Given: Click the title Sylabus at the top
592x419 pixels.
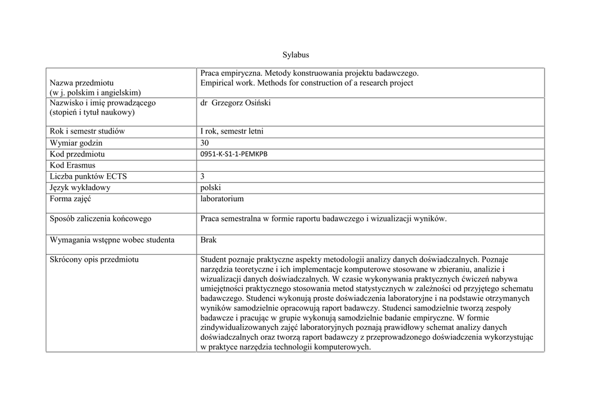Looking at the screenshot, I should click(x=296, y=55).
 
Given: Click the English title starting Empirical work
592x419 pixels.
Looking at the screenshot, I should click(x=306, y=83).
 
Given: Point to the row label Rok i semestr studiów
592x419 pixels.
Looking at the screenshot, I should click(x=87, y=131).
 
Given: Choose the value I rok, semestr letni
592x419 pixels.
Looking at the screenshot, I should click(x=232, y=131).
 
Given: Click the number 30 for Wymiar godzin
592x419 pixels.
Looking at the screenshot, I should click(x=205, y=143).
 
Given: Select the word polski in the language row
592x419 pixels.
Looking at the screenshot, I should click(x=211, y=187).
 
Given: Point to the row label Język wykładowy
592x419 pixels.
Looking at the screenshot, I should click(x=80, y=187).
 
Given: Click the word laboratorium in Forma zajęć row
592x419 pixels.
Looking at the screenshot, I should click(x=222, y=199).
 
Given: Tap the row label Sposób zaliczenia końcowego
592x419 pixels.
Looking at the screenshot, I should click(x=101, y=218).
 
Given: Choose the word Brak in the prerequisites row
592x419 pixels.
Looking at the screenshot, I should click(x=209, y=239).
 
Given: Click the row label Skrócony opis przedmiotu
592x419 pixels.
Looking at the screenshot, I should click(x=94, y=259).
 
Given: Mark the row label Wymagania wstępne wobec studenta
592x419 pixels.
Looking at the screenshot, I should click(x=112, y=239).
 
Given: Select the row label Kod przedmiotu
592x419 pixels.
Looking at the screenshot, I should click(x=77, y=154).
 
